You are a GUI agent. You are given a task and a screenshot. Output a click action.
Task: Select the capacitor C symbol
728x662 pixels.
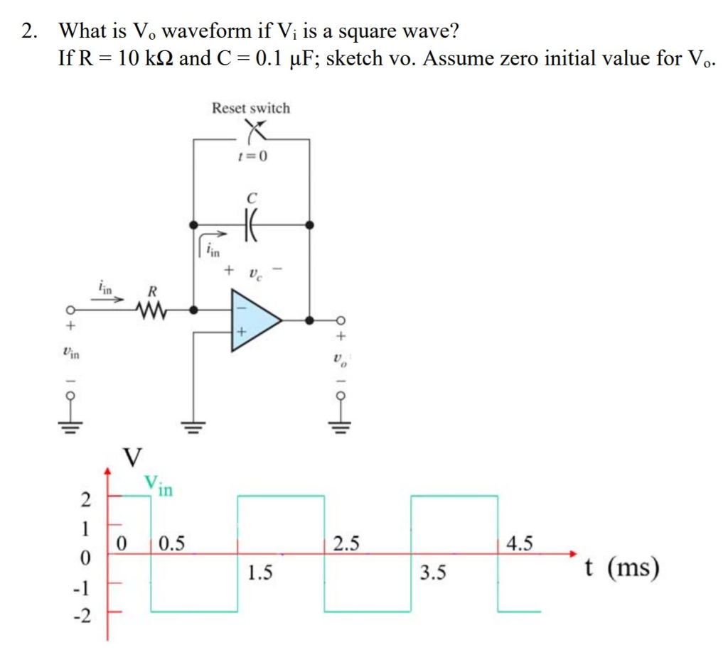click(251, 225)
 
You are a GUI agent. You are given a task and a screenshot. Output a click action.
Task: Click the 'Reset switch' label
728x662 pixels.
click(250, 108)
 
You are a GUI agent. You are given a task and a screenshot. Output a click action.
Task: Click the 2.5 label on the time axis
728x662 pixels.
click(347, 545)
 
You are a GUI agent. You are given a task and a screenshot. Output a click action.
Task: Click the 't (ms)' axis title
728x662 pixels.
click(621, 568)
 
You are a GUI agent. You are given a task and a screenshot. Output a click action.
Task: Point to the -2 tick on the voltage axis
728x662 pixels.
click(84, 616)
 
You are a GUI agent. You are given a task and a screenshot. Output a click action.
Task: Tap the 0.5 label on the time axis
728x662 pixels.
click(171, 545)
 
